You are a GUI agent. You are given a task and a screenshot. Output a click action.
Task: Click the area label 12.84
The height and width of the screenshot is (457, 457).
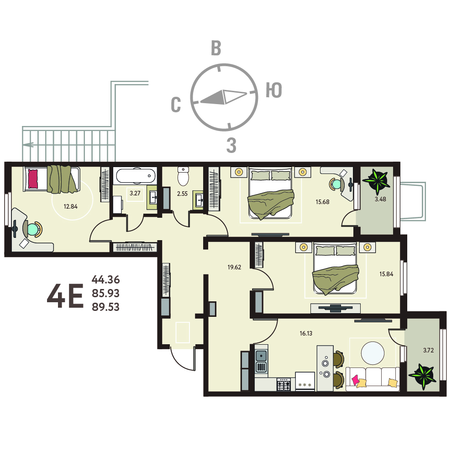coord(70,206)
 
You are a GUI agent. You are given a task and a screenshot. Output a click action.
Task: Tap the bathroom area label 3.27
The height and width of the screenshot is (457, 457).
coord(135,193)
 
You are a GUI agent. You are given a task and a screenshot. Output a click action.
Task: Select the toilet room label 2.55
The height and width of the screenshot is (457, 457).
coord(183,194)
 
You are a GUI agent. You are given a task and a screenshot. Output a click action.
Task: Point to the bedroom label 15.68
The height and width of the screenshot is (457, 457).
coord(322,202)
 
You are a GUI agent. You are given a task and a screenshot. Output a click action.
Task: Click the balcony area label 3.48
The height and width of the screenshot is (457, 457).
coord(380,199)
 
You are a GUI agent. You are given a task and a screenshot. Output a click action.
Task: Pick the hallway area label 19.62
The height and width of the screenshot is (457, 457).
coord(234,267)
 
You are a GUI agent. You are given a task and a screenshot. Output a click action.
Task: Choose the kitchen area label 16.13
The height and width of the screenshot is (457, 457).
coord(306,333)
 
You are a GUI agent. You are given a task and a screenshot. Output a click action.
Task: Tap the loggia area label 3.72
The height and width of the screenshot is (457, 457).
coord(428,350)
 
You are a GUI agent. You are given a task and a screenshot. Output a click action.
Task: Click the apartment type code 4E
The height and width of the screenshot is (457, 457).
coord(65,296)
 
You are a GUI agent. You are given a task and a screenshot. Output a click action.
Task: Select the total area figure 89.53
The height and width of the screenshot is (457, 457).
coord(106,307)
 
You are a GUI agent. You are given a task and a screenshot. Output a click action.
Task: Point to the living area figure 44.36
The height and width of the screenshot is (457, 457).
coord(106,279)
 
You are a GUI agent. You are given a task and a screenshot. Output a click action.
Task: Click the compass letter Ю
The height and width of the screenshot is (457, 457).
coord(273,90)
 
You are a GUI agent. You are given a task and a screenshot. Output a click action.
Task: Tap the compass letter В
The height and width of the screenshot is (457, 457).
coord(216,48)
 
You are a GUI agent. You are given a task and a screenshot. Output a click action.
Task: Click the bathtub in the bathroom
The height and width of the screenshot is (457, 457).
coord(136,176)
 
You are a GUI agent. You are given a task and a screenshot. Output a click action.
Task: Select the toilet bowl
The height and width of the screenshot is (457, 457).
coord(184,176)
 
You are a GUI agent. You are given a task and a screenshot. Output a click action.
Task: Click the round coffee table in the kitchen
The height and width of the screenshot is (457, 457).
coord(373,353)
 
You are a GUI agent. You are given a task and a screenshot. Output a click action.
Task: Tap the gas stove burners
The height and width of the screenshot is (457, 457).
coord(284,385)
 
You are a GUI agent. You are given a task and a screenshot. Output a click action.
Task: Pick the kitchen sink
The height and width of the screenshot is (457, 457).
coord(261,356)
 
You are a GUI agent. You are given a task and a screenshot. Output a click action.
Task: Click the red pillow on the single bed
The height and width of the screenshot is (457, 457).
coord(33,179)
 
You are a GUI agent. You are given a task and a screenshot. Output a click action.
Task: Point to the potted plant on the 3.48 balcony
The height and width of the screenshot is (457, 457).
coord(377,181)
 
